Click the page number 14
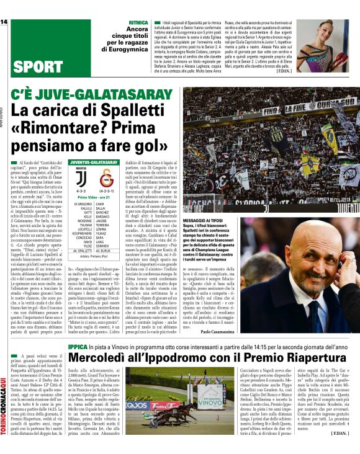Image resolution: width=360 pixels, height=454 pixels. point(4,23)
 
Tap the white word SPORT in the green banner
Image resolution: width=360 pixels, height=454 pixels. point(38,67)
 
